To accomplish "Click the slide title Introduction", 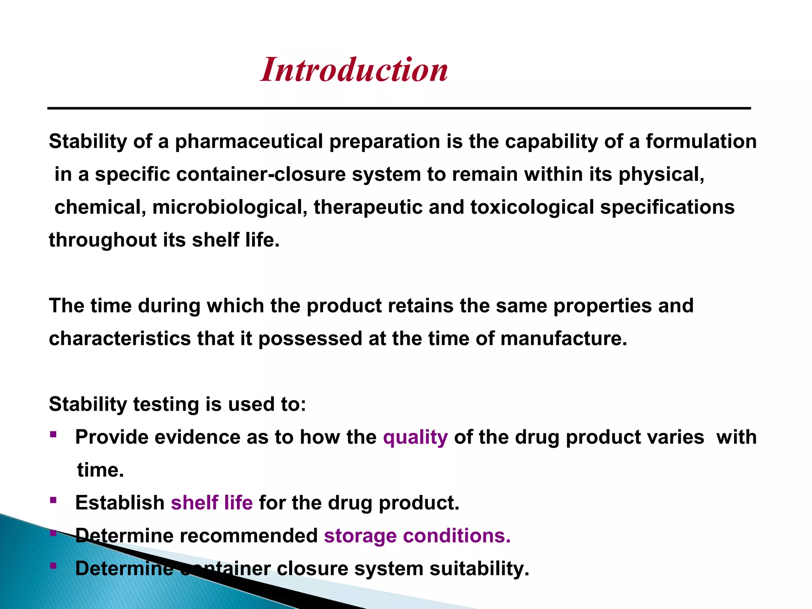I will pyautogui.click(x=354, y=70).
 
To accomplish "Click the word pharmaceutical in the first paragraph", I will pyautogui.click(x=249, y=142).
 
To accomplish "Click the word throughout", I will pyautogui.click(x=103, y=240).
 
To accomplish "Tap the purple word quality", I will pyautogui.click(x=415, y=437).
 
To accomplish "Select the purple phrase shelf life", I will pyautogui.click(x=212, y=503).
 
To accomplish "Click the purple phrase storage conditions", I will pyautogui.click(x=417, y=536).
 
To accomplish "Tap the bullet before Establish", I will pyautogui.click(x=53, y=500).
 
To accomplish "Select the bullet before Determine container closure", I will pyautogui.click(x=53, y=566).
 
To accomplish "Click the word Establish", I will pyautogui.click(x=120, y=503).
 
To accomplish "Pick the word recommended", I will pyautogui.click(x=249, y=536).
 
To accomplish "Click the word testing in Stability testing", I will pyautogui.click(x=166, y=404).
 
